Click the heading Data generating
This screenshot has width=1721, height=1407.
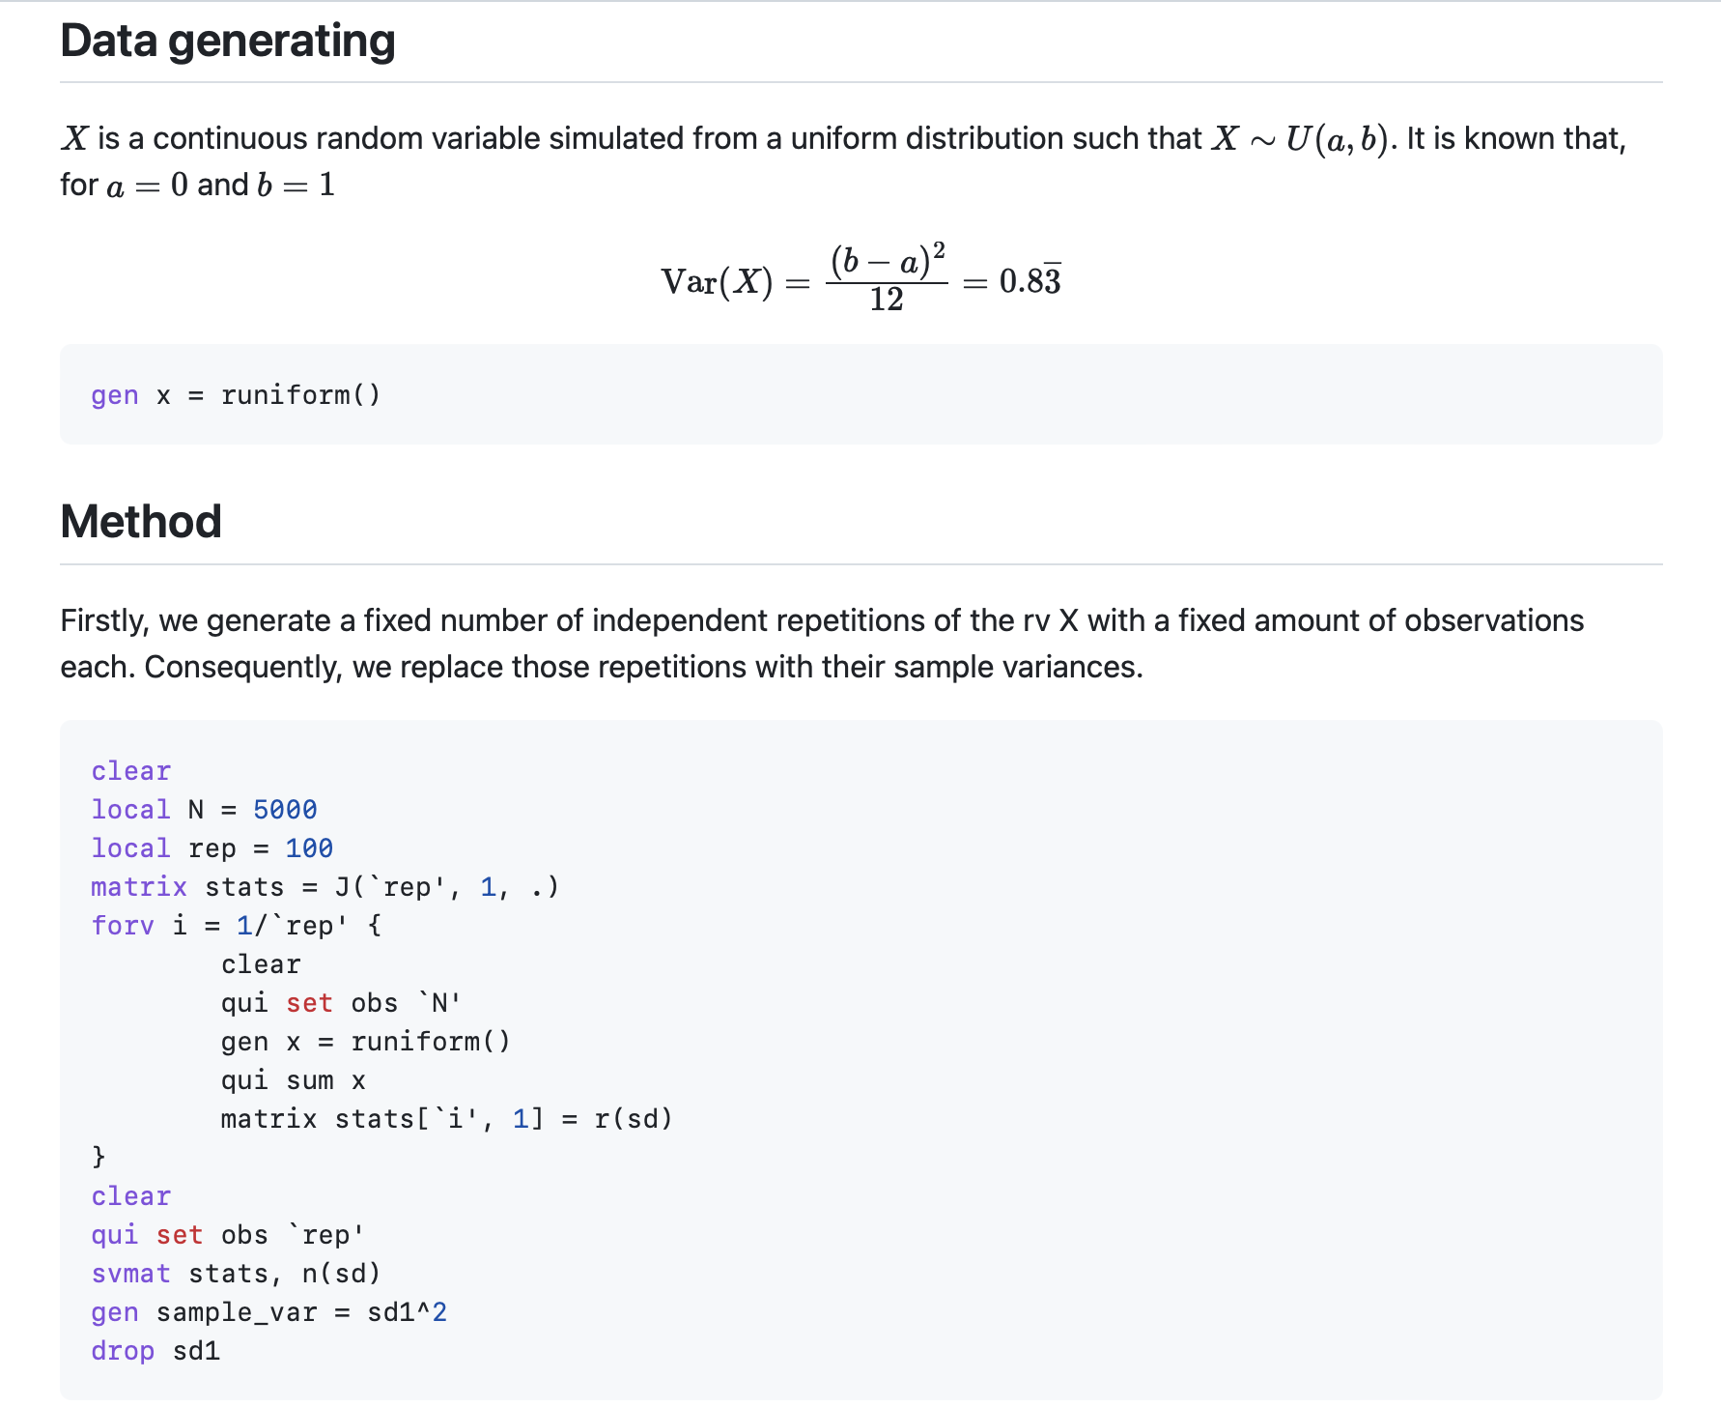pos(228,42)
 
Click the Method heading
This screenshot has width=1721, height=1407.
pos(141,522)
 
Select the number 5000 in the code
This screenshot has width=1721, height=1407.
pos(285,810)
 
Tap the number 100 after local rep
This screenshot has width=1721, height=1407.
pos(309,848)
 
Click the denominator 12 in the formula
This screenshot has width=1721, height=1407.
pos(886,301)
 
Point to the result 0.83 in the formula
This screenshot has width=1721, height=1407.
pos(1030,281)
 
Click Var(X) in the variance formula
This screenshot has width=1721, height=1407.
pos(717,282)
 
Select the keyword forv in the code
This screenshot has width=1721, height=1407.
pos(123,926)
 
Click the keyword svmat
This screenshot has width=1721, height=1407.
pos(130,1274)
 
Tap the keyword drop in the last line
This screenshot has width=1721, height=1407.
pos(123,1351)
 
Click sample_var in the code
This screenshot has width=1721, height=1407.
pos(237,1312)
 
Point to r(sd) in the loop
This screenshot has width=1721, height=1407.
pos(633,1119)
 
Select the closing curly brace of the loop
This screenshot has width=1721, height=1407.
pos(98,1157)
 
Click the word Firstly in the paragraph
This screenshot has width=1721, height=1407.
pos(104,620)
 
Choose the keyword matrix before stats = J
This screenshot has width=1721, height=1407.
pos(139,887)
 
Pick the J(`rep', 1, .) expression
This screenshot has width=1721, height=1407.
pos(446,887)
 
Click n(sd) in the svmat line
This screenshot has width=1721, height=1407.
pos(341,1274)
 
